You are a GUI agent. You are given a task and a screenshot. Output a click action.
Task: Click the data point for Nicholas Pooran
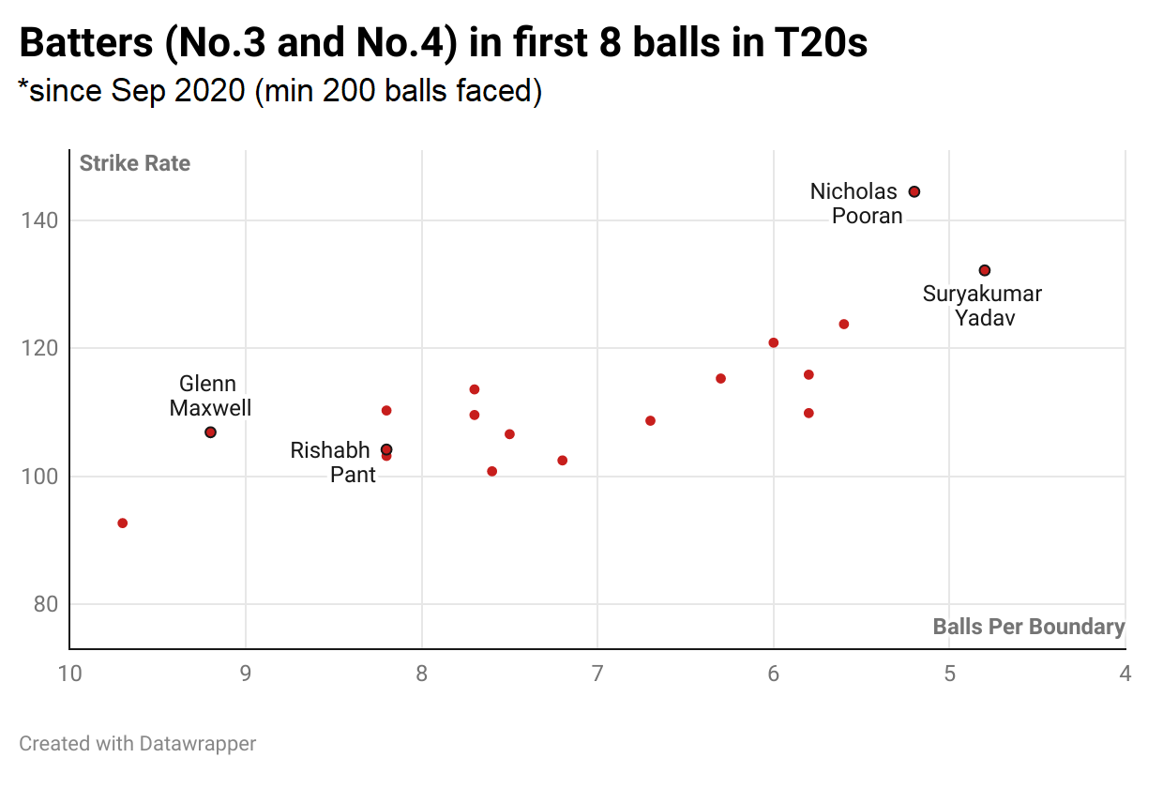point(914,191)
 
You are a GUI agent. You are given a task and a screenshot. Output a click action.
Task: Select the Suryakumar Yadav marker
point(985,270)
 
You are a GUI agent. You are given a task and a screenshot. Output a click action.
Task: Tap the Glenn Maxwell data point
point(210,432)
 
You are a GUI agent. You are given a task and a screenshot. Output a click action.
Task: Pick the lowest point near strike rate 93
point(122,523)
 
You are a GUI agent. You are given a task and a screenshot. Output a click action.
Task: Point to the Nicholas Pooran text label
point(855,204)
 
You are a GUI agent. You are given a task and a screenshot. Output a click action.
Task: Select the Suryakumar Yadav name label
point(982,306)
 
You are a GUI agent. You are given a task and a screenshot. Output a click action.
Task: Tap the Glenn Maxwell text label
point(209,396)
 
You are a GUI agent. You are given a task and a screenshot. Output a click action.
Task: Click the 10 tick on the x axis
point(68,674)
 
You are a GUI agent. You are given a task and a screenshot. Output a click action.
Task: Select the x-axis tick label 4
point(1125,674)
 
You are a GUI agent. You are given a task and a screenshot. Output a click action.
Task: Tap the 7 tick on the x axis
point(597,674)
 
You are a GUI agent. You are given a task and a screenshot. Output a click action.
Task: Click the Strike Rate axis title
point(135,163)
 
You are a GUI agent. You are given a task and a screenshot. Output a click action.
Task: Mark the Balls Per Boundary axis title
point(1029,627)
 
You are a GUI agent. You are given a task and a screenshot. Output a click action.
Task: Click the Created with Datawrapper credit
point(138,744)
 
